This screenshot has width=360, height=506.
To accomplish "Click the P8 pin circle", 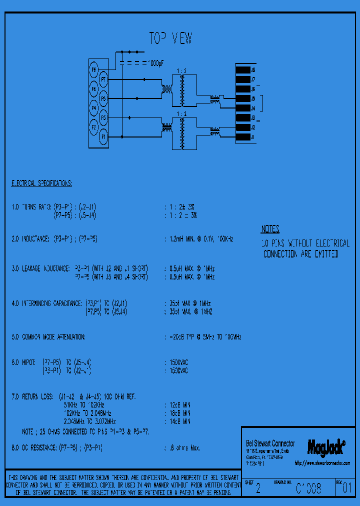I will point(93,68).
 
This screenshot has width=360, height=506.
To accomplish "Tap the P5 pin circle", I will point(103,98).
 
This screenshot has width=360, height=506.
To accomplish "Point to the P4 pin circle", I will point(93,107).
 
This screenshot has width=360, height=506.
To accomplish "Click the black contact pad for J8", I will point(242,69).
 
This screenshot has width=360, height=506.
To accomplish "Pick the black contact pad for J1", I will point(242,137).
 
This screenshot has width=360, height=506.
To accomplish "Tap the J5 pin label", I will point(253,98).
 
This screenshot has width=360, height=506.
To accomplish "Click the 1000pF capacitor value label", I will point(155,63).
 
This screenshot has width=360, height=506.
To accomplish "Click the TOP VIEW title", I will point(170,38).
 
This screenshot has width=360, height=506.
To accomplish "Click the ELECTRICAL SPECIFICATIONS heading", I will point(41,183).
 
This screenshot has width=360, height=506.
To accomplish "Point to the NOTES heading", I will point(270,229).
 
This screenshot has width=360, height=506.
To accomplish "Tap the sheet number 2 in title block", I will point(258,489).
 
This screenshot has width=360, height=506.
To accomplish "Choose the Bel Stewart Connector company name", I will point(270,443).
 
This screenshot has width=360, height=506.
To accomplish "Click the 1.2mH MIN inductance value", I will point(198,239).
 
